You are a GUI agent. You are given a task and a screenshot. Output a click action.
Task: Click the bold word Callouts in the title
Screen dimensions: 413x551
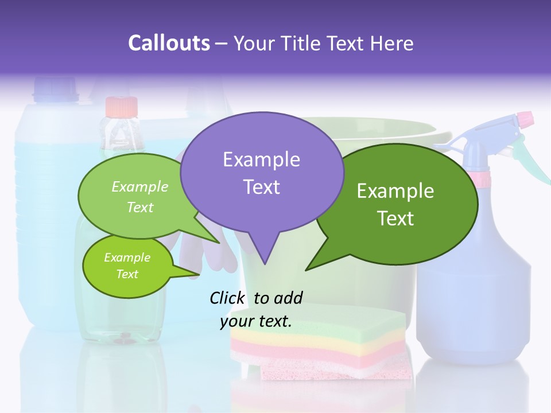pyautogui.click(x=169, y=44)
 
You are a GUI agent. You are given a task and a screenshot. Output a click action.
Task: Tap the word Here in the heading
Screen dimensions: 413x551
pyautogui.click(x=392, y=44)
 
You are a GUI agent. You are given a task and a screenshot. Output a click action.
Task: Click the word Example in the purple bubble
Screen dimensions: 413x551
pyautogui.click(x=261, y=159)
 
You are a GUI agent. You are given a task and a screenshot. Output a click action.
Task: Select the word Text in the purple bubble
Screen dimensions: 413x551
pyautogui.click(x=261, y=187)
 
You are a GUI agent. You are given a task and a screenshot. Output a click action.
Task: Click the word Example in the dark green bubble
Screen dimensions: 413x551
pyautogui.click(x=395, y=191)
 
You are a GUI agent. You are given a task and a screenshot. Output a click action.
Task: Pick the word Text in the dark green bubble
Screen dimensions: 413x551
pyautogui.click(x=395, y=219)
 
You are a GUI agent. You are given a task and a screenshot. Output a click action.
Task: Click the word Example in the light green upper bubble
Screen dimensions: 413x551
pyautogui.click(x=140, y=187)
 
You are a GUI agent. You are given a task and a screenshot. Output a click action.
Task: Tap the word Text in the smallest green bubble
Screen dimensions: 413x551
pyautogui.click(x=127, y=274)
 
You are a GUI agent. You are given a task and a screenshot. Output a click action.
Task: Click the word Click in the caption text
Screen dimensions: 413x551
pyautogui.click(x=228, y=298)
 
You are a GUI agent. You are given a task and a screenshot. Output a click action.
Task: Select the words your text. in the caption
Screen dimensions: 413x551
pyautogui.click(x=256, y=322)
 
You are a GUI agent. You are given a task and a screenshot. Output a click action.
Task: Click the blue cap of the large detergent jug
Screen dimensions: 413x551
pyautogui.click(x=55, y=87)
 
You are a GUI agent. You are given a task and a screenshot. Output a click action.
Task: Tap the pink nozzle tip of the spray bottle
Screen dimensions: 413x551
pyautogui.click(x=525, y=119)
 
